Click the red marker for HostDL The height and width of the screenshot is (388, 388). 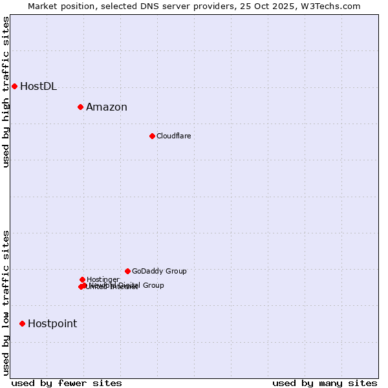[14, 86]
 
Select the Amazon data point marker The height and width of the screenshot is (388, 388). [80, 107]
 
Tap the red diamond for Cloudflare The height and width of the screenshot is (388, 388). [152, 136]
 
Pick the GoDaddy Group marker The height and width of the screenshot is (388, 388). [127, 271]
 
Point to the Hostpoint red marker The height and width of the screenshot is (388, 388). [22, 323]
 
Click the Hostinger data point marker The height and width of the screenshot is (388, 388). [82, 279]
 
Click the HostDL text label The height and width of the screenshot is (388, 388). [38, 87]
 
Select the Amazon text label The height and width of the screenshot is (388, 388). [107, 107]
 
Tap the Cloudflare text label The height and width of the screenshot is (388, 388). [173, 136]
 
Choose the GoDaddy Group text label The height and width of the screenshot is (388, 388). [159, 272]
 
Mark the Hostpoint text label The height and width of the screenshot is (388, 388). [52, 324]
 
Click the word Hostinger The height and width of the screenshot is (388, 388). [103, 279]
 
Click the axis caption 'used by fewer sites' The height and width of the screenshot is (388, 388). [67, 383]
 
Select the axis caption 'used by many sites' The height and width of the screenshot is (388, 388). [325, 383]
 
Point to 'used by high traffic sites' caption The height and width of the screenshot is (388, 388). [6, 92]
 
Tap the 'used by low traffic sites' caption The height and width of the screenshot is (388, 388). [6, 303]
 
